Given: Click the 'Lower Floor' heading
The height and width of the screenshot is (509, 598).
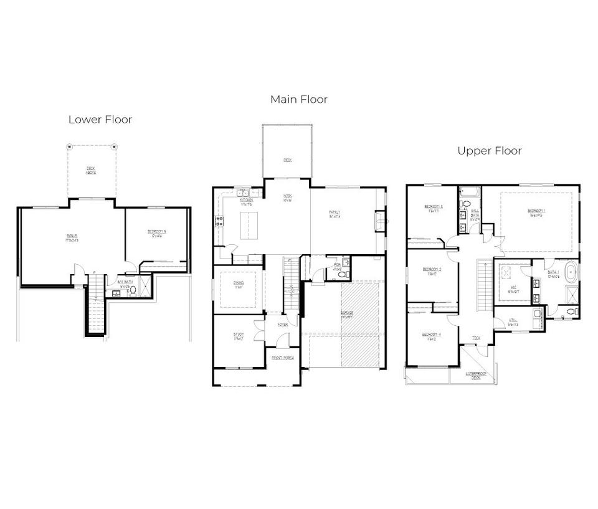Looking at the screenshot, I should pos(100,120).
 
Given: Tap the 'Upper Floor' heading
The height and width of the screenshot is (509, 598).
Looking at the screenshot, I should pos(490,151).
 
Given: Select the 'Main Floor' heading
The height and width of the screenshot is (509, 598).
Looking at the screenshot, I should pos(298,99).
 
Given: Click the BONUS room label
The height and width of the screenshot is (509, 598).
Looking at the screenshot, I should pos(73,236).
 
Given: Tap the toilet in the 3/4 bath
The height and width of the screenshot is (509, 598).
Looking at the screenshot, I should pos(133,290).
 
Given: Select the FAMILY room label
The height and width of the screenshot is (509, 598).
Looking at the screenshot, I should pos(335,213).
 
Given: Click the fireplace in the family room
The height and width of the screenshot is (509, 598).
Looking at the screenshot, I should pos(377,220).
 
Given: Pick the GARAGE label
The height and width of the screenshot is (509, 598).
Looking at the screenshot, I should pos(346,313).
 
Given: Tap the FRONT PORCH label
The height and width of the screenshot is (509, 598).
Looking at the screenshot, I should pos(283,358).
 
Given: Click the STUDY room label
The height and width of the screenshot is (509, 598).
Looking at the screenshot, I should pos(239,336).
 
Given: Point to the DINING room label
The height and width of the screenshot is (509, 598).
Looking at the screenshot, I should pos(239,284).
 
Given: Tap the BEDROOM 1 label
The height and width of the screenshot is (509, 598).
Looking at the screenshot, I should pos(536,212).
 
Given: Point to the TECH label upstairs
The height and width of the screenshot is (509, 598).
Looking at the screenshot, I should pos(476,338).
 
